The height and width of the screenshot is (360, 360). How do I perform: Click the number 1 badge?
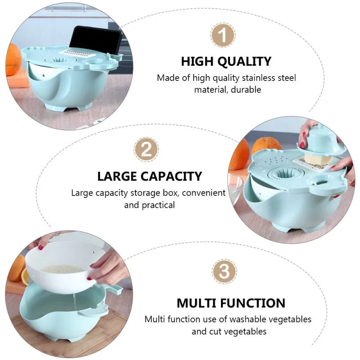223,35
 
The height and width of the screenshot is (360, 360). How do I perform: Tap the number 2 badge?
146,150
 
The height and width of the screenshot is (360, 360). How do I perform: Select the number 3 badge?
224,271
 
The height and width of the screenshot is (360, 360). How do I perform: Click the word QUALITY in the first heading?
244,62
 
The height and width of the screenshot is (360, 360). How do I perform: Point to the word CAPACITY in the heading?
171,176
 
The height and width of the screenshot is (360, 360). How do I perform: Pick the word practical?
158,205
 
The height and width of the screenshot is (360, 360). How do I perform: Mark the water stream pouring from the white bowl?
74,302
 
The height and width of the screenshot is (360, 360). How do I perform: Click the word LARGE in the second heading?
117,176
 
